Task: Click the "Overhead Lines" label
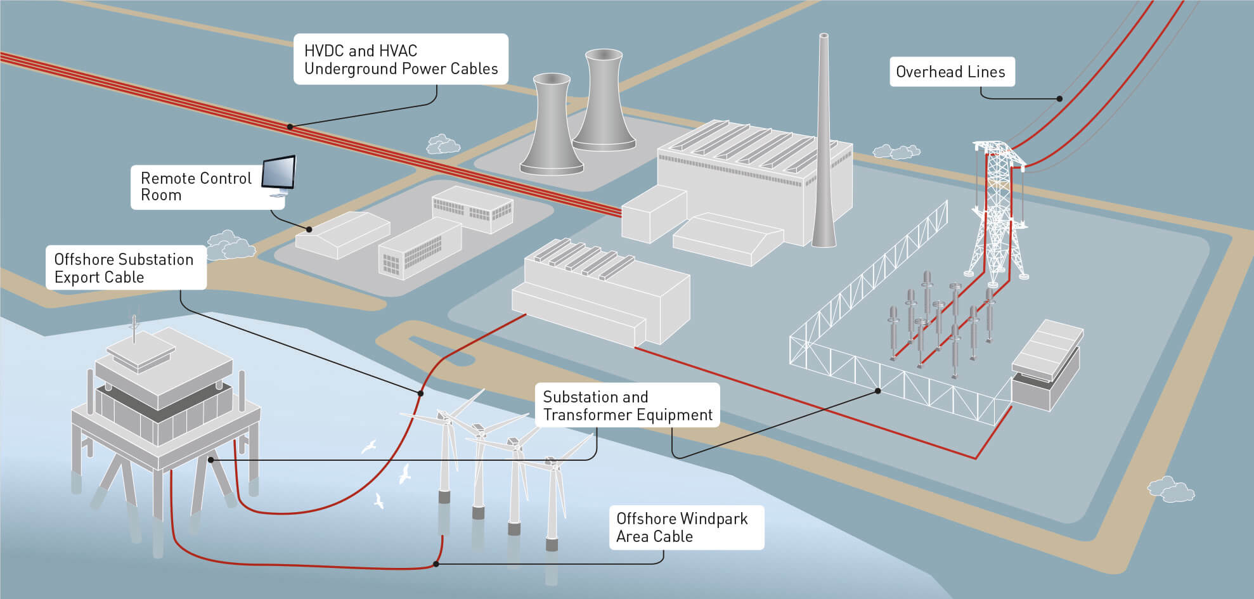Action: click(x=951, y=72)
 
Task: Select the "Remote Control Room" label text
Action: click(x=196, y=186)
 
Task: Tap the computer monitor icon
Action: click(x=279, y=176)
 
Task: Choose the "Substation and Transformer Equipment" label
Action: click(x=628, y=405)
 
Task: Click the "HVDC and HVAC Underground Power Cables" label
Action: click(x=401, y=59)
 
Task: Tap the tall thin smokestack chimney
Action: click(x=824, y=140)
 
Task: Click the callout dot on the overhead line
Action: click(x=1059, y=98)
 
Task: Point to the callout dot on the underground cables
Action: click(x=290, y=127)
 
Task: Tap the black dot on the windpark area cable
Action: click(x=436, y=564)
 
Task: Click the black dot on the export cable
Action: click(x=420, y=394)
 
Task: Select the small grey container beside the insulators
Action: click(x=1046, y=366)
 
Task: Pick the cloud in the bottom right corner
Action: click(x=1170, y=489)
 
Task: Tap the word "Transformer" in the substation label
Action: click(x=587, y=415)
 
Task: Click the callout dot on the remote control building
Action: click(x=309, y=229)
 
